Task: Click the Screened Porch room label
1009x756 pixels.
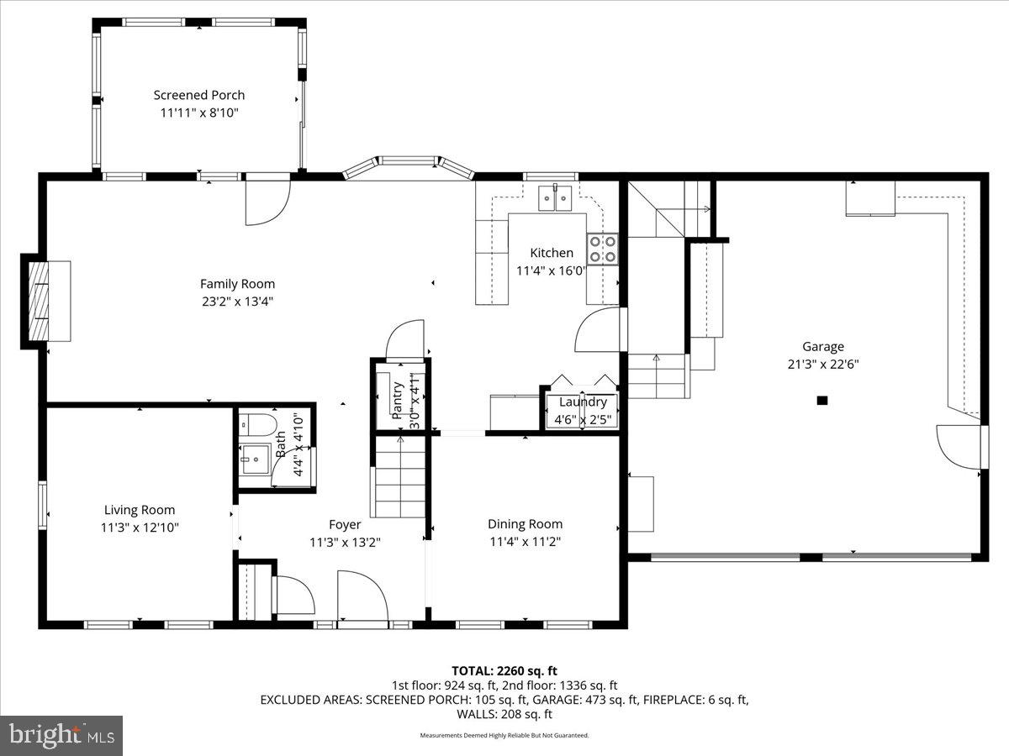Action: pos(199,95)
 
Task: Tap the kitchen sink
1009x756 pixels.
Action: pos(555,198)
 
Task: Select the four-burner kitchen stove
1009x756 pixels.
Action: pos(603,249)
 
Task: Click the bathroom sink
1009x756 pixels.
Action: pos(254,459)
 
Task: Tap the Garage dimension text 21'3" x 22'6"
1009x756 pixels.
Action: pos(822,364)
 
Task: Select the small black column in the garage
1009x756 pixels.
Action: pos(822,401)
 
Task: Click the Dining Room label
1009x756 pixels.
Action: pos(525,524)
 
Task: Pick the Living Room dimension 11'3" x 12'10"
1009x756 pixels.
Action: pos(140,528)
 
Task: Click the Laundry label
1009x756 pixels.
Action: pos(583,402)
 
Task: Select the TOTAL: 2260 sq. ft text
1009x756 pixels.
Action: pos(504,670)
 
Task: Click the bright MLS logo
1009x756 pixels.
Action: pos(61,735)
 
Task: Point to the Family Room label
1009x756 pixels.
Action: pos(237,284)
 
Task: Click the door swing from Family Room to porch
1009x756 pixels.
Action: pos(267,203)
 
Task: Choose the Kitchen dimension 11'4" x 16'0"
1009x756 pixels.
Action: pos(551,270)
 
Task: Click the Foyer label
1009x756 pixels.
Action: pos(345,525)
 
